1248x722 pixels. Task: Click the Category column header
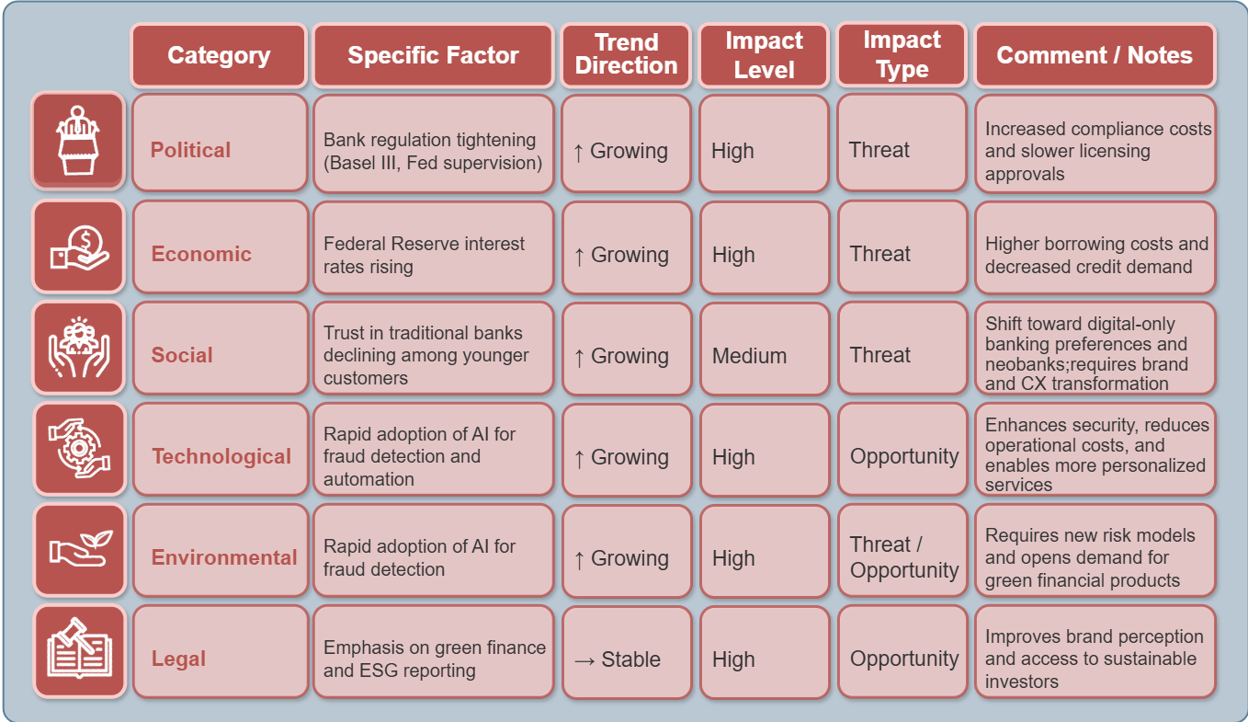pos(219,55)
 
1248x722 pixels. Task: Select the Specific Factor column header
pos(433,55)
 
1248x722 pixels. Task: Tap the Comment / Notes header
pos(1095,55)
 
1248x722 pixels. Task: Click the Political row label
pos(191,150)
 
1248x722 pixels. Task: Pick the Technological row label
pos(221,456)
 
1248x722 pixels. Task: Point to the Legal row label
pos(179,659)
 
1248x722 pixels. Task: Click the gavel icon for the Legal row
pos(78,650)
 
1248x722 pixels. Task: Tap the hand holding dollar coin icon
pos(78,246)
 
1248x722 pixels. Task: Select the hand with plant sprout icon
pos(78,549)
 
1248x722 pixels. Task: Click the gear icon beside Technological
pos(78,448)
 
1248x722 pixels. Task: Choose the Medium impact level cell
pos(764,356)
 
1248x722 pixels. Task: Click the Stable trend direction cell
pos(626,659)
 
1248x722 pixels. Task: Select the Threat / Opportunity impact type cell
pos(902,557)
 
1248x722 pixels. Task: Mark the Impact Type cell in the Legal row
pos(902,659)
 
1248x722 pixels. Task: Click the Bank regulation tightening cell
pos(433,151)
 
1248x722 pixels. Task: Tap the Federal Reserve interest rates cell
pos(433,255)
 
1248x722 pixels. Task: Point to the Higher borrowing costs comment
pos(1095,255)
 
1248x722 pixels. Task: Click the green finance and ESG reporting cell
pos(433,659)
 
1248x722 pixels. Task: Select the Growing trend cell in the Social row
pos(626,356)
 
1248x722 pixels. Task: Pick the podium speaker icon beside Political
pos(78,141)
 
